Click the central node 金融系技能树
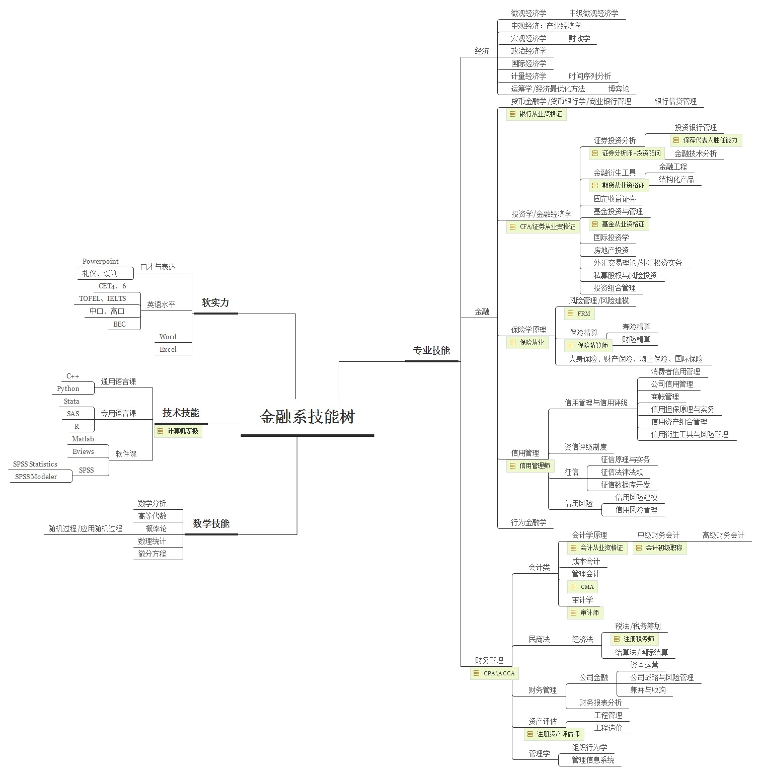[x=307, y=417]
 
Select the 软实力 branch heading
[x=215, y=303]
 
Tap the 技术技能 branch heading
[x=181, y=413]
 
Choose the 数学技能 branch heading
[x=211, y=524]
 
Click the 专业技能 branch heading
[x=431, y=351]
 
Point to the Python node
[x=68, y=389]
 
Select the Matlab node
[x=83, y=439]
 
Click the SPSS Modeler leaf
[x=36, y=477]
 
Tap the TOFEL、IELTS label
[x=103, y=298]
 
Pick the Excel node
[x=168, y=349]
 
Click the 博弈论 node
[x=619, y=89]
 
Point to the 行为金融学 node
[x=528, y=522]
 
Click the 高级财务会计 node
[x=723, y=535]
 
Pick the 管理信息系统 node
[x=593, y=760]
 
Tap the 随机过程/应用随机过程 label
[x=85, y=528]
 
